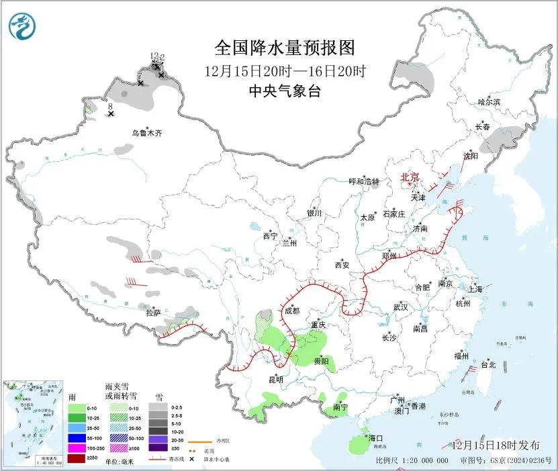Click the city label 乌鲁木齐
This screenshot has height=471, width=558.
tap(146, 133)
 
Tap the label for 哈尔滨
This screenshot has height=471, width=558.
tap(489, 102)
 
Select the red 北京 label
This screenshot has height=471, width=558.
tap(410, 178)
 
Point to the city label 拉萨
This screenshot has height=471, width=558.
tap(154, 313)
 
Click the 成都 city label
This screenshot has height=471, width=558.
tap(291, 311)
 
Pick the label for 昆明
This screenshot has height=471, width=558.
tap(276, 380)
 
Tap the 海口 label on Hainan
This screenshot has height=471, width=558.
tap(375, 438)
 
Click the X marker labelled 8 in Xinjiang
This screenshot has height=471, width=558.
tap(111, 114)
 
